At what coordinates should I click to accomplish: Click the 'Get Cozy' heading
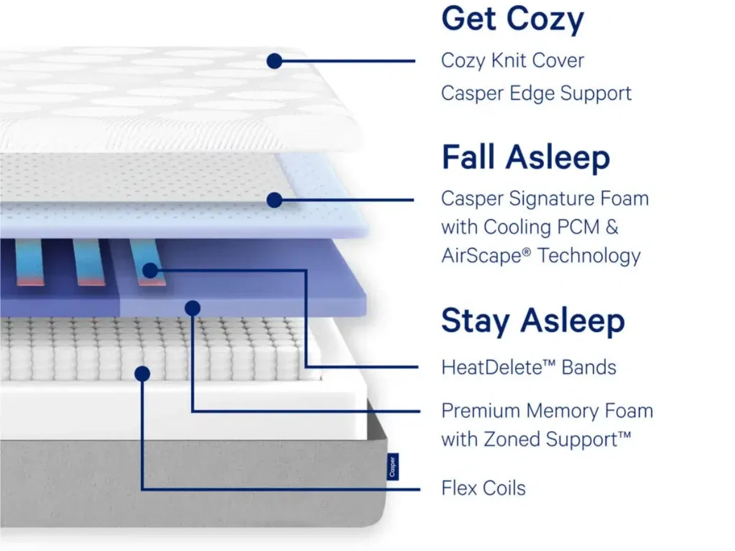coord(513,20)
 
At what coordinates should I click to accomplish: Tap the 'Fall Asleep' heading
coord(526,157)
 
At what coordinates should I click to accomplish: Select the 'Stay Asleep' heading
coord(533,321)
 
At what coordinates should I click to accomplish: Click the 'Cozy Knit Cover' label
coord(513,61)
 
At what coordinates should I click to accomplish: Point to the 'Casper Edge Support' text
coord(536,94)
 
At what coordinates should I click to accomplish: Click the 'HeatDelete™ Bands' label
coord(529,367)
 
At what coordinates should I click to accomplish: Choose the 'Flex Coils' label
coord(483,488)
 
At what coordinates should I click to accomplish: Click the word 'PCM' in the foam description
coord(578,228)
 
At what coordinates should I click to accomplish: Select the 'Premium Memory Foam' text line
coord(547,411)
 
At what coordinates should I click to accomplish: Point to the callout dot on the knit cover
coord(274,61)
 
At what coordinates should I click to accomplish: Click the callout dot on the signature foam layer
coord(274,200)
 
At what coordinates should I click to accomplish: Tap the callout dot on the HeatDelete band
coord(150,271)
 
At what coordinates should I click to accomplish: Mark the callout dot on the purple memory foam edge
coord(192,308)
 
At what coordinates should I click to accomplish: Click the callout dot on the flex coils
coord(142,373)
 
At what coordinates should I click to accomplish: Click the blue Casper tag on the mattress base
coord(393,467)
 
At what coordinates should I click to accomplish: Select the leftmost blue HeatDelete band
coord(29,262)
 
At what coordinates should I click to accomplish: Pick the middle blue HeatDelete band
coord(88,262)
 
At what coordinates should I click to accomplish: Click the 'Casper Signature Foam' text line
coord(545,199)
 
